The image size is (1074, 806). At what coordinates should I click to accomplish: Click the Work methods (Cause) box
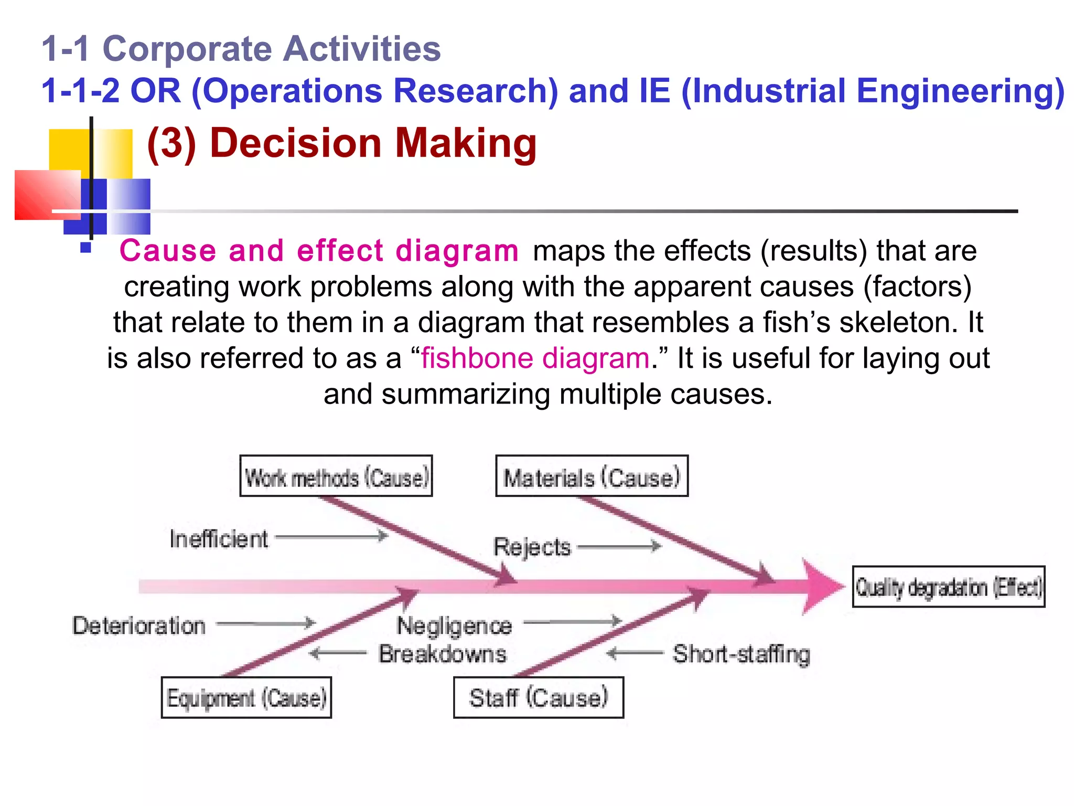336,476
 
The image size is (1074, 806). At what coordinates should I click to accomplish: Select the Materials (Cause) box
592,476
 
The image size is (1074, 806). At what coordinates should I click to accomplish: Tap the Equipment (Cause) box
246,697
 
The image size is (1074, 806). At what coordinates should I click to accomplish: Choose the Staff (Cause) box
539,697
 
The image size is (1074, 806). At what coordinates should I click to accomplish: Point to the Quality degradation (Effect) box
948,587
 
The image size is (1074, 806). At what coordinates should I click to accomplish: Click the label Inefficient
219,539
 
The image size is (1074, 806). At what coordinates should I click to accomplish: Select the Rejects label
532,547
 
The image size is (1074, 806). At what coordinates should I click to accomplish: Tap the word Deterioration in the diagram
139,625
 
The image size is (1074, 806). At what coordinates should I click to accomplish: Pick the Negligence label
454,625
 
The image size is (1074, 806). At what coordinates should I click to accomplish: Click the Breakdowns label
443,654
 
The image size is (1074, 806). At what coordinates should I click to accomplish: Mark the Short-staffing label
742,654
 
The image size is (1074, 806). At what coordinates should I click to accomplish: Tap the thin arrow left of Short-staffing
635,653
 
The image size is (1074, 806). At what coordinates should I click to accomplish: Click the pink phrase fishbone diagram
535,358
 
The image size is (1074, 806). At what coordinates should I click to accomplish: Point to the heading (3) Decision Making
342,143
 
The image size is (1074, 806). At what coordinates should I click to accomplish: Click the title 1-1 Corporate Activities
241,49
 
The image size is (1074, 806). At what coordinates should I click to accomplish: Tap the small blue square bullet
86,247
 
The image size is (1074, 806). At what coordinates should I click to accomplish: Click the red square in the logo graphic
45,194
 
